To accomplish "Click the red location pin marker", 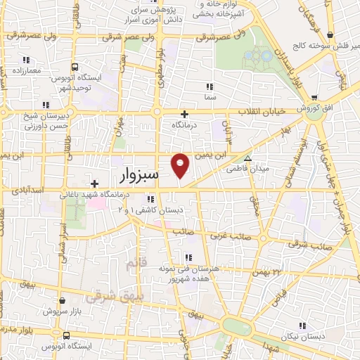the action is pyautogui.click(x=181, y=165).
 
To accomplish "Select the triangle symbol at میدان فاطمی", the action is pyautogui.click(x=247, y=157).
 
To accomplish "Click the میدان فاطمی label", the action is pyautogui.click(x=243, y=169).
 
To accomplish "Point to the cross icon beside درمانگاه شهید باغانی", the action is pyautogui.click(x=94, y=184).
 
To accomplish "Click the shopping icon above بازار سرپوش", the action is pyautogui.click(x=62, y=300).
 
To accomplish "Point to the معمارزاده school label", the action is pyautogui.click(x=27, y=71).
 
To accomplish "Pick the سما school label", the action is pyautogui.click(x=210, y=96).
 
